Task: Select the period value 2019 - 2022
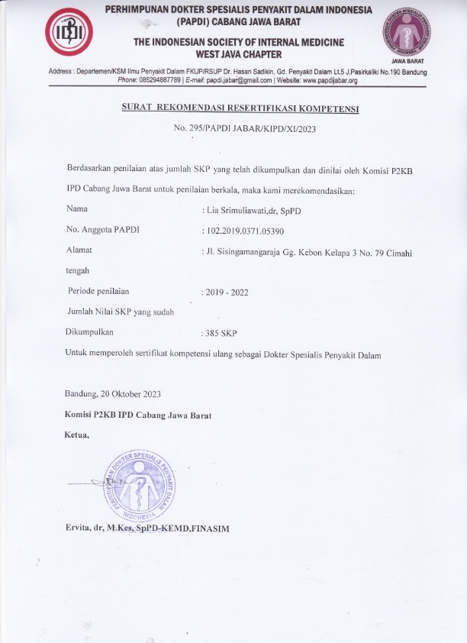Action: pos(227,292)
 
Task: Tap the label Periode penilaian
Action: pos(98,291)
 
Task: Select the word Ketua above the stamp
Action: pos(77,435)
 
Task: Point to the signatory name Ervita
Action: pos(82,528)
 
